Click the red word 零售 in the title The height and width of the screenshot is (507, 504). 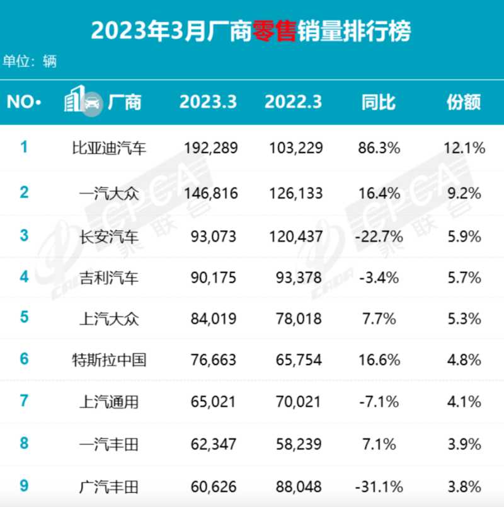click(x=273, y=30)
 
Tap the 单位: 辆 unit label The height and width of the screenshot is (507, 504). click(x=30, y=62)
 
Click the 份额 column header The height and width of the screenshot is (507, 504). click(x=464, y=102)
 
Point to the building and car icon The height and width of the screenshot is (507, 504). click(x=83, y=101)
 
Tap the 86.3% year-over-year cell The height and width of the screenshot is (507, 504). click(x=379, y=149)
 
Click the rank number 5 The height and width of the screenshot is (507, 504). click(x=24, y=317)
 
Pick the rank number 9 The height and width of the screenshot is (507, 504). click(x=24, y=486)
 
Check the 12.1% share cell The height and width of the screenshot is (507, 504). click(x=464, y=149)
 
